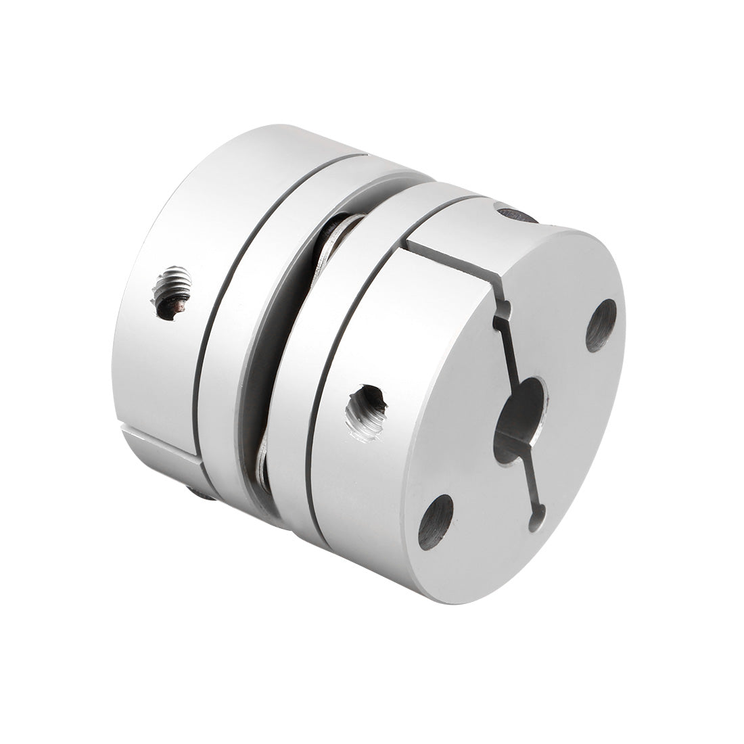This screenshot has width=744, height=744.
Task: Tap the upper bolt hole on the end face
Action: pyautogui.click(x=601, y=325)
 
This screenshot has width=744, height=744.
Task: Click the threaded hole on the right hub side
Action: pyautogui.click(x=365, y=413)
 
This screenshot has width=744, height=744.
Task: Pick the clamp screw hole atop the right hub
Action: pyautogui.click(x=517, y=214)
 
